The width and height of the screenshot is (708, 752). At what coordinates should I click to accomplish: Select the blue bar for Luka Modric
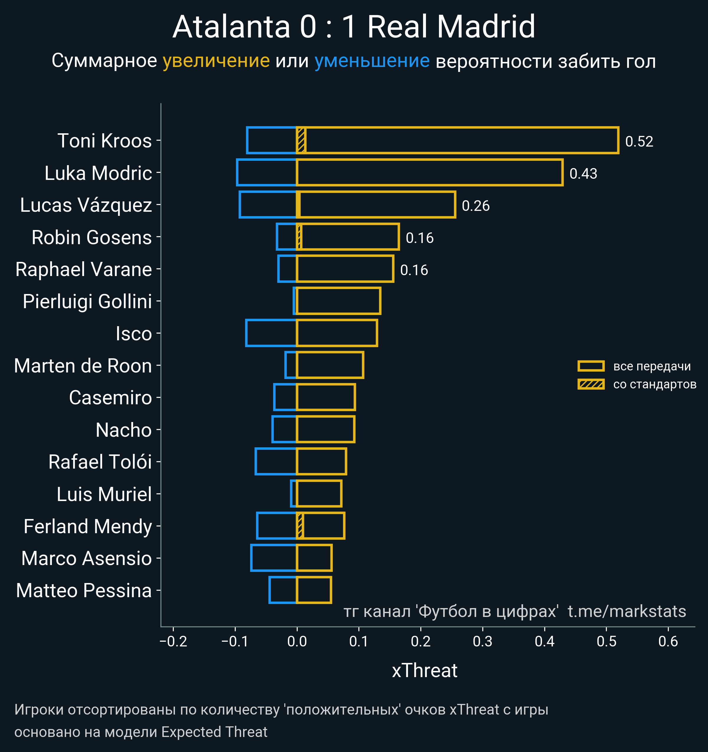pos(266,173)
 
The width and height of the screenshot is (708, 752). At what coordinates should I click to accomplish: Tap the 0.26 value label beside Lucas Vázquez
pos(476,206)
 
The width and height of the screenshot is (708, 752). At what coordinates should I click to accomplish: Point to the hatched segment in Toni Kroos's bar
pos(301,140)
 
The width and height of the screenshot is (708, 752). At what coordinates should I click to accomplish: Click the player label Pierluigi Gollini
pos(87,301)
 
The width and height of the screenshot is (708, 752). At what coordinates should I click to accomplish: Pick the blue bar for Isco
pos(271,333)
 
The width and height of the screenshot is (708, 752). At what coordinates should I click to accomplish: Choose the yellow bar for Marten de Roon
pos(330,365)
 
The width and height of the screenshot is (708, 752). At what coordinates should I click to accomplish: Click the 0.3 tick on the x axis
pos(482,641)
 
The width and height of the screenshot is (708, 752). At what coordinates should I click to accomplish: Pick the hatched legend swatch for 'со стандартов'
pos(591,384)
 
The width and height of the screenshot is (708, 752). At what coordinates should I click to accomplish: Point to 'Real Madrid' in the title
pos(451,27)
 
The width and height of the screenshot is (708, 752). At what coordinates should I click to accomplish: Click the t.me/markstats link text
pos(627,612)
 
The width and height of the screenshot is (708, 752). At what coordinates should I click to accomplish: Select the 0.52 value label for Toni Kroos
pos(639,142)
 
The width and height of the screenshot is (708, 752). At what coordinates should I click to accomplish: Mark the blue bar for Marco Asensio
pos(273,558)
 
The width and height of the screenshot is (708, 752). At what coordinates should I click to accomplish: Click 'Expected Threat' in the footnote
pos(214,732)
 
